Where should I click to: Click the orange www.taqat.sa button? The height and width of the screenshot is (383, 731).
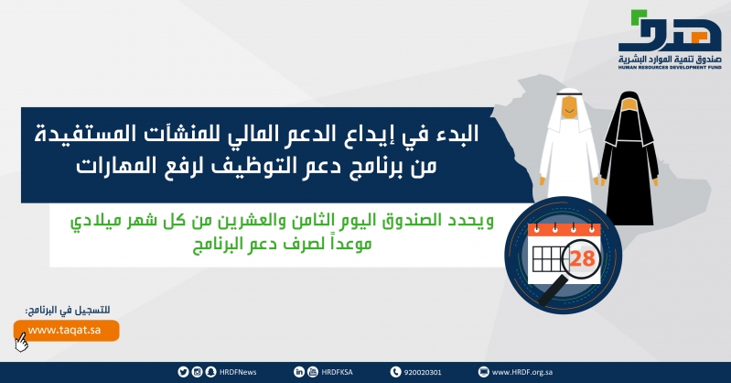tap(66, 330)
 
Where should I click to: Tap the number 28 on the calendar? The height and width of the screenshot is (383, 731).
tap(582, 258)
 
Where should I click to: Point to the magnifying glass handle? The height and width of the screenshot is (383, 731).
tap(554, 290)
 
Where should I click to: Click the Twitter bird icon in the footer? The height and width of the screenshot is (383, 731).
tap(183, 372)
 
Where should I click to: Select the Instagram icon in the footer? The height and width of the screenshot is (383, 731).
tap(198, 372)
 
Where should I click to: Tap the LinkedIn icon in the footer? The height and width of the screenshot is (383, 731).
tap(299, 372)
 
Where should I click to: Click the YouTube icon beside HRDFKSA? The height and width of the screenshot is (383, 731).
tap(313, 372)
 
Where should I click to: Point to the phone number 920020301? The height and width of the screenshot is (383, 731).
tap(423, 372)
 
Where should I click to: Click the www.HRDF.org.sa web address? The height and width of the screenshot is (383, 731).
tap(522, 372)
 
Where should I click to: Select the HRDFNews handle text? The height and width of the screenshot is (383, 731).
tap(238, 372)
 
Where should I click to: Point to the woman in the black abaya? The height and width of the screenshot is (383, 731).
tap(629, 159)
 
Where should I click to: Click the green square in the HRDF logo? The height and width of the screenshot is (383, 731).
tap(635, 16)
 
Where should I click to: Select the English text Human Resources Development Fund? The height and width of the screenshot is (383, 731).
tap(670, 67)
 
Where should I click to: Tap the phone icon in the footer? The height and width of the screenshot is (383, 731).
tap(396, 372)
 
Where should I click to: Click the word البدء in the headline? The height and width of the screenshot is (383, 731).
tap(456, 134)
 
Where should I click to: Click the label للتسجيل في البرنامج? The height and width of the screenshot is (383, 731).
tap(68, 310)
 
